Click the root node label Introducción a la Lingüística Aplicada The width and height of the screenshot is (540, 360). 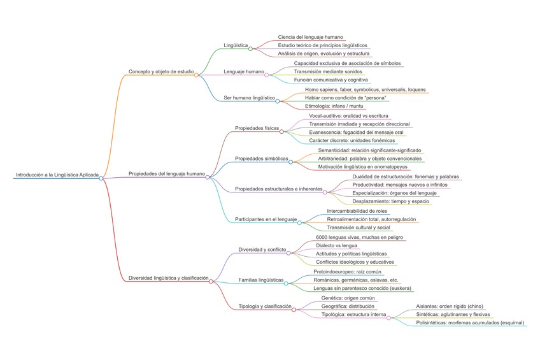[x=56, y=174]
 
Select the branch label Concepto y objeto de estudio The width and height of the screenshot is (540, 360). [x=160, y=71]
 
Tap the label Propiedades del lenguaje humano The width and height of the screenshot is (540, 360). [x=167, y=173]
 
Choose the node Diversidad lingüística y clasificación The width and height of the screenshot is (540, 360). [x=169, y=278]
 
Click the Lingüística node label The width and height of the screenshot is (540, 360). [x=236, y=45]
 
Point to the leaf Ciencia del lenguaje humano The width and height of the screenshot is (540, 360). [x=311, y=38]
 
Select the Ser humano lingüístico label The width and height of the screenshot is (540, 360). [x=249, y=98]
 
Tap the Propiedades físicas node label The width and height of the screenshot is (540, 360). [x=257, y=128]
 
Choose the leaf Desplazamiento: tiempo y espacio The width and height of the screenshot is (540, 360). [x=392, y=201]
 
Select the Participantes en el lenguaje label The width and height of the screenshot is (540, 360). [x=266, y=219]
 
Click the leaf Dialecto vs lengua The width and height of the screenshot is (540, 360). [x=336, y=245]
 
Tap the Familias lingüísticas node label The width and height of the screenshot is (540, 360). [x=261, y=280]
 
